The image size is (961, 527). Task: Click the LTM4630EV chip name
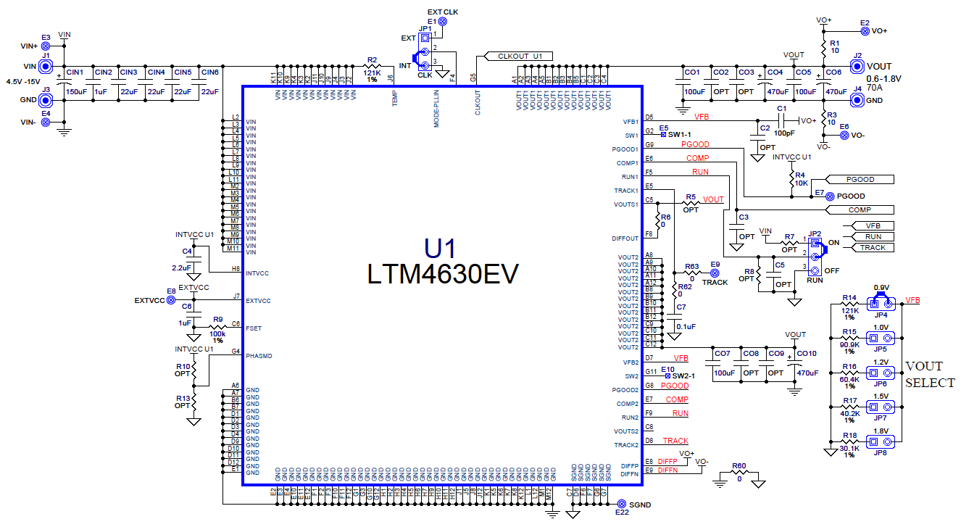[443, 274]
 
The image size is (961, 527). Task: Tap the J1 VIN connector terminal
[46, 66]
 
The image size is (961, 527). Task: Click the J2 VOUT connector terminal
[857, 66]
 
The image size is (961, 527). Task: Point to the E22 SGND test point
[621, 504]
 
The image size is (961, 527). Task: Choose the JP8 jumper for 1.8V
[882, 439]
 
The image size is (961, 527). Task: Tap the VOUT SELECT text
[930, 374]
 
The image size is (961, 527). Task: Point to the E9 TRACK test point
[714, 273]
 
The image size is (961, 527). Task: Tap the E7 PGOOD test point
[830, 196]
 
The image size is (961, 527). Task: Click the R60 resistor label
[739, 467]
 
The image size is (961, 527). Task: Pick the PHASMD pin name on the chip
[259, 356]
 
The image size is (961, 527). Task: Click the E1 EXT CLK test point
[443, 22]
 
